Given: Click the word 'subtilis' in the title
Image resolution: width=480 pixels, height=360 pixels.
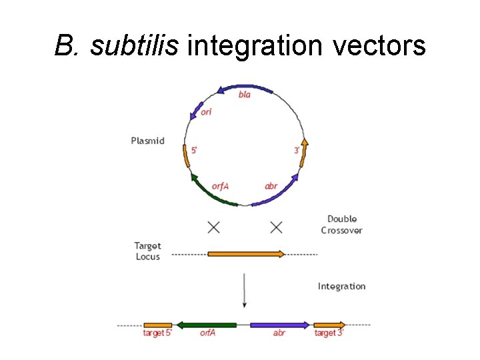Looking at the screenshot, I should click(136, 46).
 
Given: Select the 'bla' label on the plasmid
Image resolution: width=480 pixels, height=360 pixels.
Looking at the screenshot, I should click(245, 95).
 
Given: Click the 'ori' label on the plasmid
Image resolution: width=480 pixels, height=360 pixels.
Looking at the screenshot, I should click(206, 112).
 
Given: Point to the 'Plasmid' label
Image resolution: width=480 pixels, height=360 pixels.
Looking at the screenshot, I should click(147, 141).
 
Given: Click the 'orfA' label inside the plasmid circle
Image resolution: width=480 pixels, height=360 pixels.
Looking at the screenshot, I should click(219, 186).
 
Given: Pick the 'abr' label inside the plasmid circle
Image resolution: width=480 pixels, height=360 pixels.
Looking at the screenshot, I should click(271, 186).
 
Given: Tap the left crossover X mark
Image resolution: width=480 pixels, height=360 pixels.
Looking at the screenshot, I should click(213, 227).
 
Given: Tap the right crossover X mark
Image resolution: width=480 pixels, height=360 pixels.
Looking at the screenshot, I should click(276, 227).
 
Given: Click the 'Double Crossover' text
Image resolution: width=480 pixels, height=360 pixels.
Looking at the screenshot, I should click(341, 225).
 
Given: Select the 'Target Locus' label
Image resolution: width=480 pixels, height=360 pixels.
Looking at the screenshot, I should click(148, 251).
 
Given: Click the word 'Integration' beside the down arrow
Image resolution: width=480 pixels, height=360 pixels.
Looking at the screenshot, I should click(341, 286).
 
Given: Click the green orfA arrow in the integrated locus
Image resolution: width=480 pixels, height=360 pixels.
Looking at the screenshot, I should click(207, 325).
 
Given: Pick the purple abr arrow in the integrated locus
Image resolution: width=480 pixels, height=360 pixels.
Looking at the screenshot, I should click(279, 325).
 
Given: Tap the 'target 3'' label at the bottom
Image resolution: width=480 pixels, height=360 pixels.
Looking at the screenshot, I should click(329, 333).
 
